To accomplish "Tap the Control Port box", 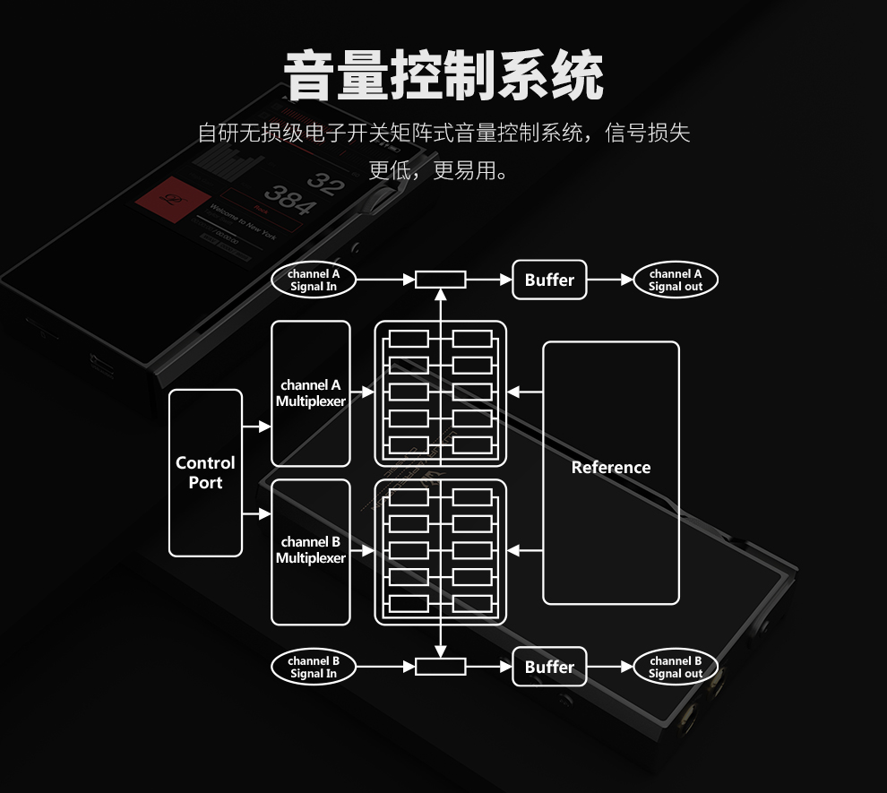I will [x=205, y=472].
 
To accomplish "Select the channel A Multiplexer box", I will [x=310, y=393].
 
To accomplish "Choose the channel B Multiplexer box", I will [x=310, y=551].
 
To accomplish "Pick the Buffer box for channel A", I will [x=549, y=280].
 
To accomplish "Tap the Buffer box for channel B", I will [x=549, y=667].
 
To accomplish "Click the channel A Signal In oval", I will [x=314, y=280].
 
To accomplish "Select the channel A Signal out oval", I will [x=676, y=280].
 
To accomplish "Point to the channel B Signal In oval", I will [x=314, y=667].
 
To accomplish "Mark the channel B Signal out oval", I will [x=676, y=667].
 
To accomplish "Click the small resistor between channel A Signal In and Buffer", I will [x=440, y=280].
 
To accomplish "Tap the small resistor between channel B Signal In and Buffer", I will [x=440, y=667].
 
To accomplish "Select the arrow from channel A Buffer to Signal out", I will [x=610, y=280].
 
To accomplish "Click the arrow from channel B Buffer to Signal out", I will [x=610, y=667].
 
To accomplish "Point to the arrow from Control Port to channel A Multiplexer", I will [x=256, y=427].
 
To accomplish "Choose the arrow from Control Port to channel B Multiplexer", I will [x=256, y=513].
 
